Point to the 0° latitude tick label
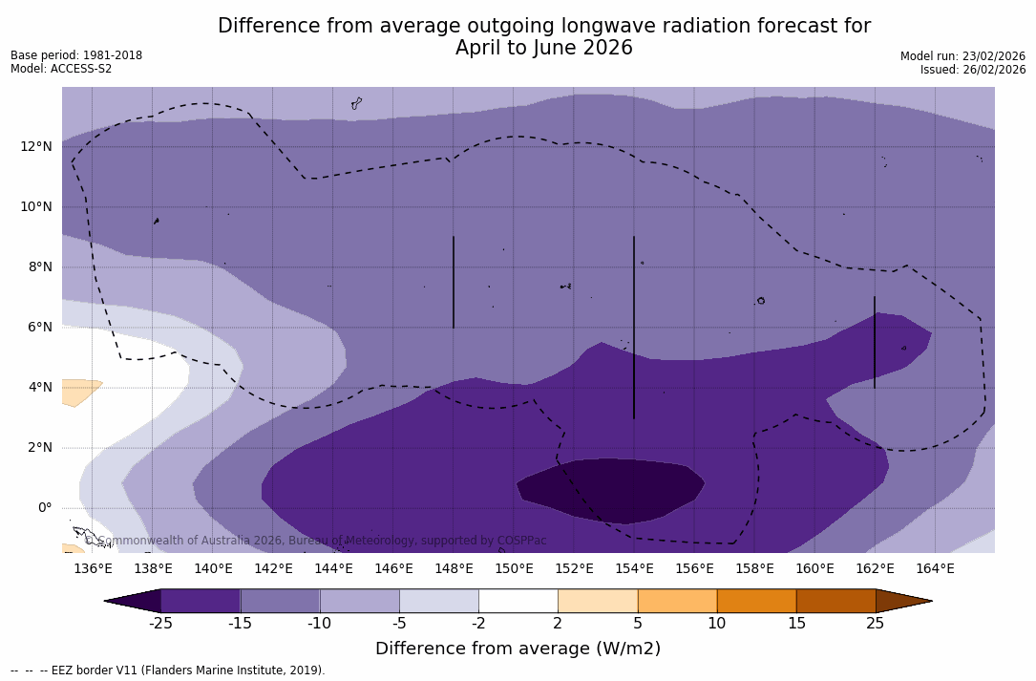pyautogui.click(x=45, y=507)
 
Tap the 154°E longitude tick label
pyautogui.click(x=634, y=568)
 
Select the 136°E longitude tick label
pyautogui.click(x=93, y=568)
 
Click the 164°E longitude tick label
pyautogui.click(x=935, y=568)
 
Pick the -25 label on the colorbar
pyautogui.click(x=160, y=624)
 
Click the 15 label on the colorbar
pyautogui.click(x=796, y=624)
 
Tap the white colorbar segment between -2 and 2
pyautogui.click(x=518, y=601)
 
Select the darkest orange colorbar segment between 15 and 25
pyautogui.click(x=835, y=601)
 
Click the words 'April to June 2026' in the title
pyautogui.click(x=543, y=48)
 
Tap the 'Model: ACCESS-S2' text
pyautogui.click(x=61, y=69)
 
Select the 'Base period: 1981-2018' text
pyautogui.click(x=76, y=55)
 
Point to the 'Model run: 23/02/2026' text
pyautogui.click(x=962, y=56)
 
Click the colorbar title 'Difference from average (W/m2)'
pyautogui.click(x=518, y=649)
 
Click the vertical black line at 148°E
pyautogui.click(x=454, y=282)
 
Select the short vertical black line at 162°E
pyautogui.click(x=875, y=342)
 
